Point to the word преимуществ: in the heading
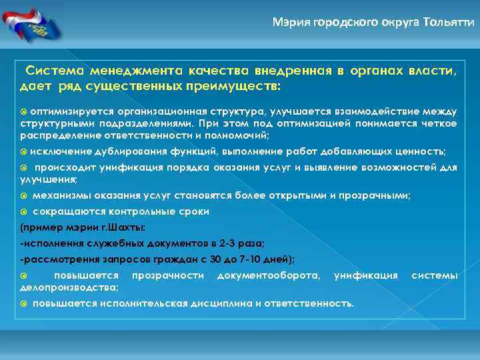(240, 87)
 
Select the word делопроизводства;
(70, 287)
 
